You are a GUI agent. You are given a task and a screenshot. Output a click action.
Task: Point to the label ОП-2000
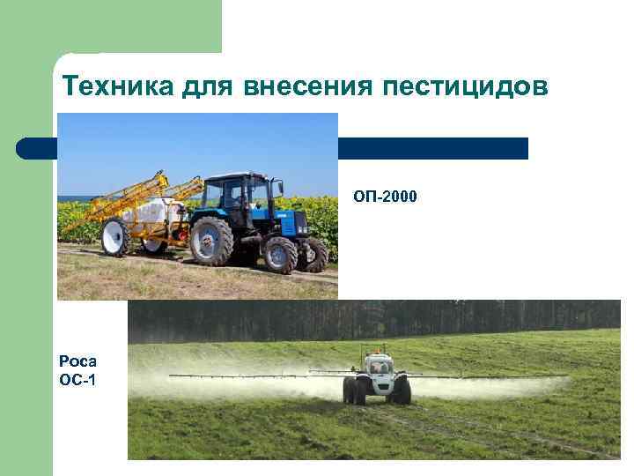385,195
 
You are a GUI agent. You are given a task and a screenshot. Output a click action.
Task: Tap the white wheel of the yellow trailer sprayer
114,237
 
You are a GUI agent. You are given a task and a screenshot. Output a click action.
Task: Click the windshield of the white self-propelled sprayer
379,364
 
